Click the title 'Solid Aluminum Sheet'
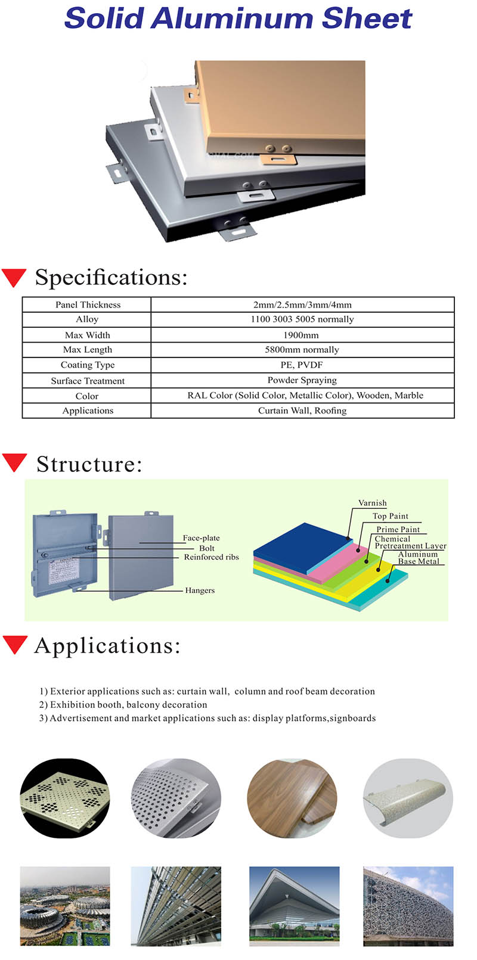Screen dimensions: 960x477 238,18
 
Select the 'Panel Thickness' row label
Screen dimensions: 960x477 88,305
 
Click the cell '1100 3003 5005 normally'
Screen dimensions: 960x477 302,319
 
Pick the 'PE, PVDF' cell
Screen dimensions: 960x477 302,365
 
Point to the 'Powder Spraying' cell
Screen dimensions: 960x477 302,380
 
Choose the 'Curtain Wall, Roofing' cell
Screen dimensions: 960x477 302,411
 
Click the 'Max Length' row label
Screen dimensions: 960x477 88,350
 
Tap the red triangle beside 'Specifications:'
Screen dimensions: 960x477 14,277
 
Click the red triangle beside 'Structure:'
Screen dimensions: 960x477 14,462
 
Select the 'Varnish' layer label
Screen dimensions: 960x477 372,503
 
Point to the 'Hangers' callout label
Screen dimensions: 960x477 200,591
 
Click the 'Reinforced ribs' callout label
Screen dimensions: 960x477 211,557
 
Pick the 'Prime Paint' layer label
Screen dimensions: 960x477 398,529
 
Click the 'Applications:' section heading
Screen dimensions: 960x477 107,646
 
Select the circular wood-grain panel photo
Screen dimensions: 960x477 292,798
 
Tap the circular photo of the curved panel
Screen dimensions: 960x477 408,798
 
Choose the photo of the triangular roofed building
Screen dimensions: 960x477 294,906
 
